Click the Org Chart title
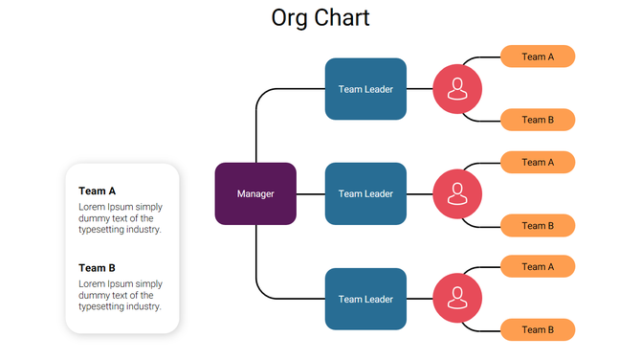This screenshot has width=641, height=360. [x=320, y=18]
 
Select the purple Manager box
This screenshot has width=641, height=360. [x=255, y=193]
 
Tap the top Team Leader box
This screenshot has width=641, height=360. [x=365, y=89]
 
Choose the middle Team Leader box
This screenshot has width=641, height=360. [x=365, y=193]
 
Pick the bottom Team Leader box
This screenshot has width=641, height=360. [x=365, y=299]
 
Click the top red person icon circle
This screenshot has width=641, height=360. [x=457, y=89]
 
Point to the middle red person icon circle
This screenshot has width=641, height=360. [x=457, y=193]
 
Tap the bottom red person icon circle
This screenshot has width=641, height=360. [x=457, y=299]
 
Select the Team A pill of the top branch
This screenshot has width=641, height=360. [x=538, y=56]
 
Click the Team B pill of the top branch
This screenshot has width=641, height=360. [x=538, y=120]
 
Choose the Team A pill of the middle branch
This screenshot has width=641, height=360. [x=538, y=162]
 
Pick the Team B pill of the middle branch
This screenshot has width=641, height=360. [x=538, y=226]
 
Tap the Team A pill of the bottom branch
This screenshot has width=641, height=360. [x=538, y=266]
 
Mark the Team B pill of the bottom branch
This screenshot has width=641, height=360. [x=538, y=330]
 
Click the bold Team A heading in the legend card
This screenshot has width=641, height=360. [x=97, y=191]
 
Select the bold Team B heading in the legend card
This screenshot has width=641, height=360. [x=97, y=268]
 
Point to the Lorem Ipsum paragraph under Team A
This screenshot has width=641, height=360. [x=120, y=218]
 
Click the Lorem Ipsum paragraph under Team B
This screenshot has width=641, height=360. [x=120, y=295]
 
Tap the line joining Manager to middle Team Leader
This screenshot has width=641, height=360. [x=311, y=193]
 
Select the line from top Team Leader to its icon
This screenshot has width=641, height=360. [x=419, y=89]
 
